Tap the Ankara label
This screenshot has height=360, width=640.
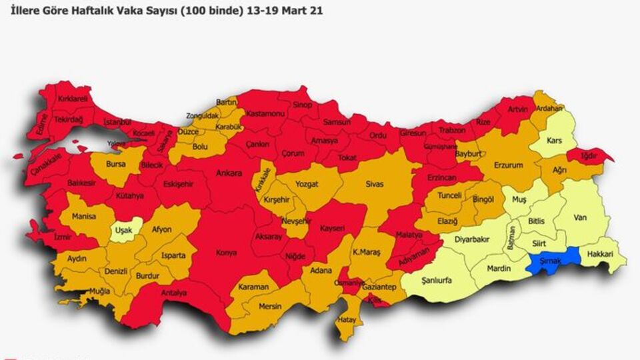coord(229,173)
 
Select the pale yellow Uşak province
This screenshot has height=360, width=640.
coord(124,230)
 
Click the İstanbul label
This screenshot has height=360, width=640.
coord(117,123)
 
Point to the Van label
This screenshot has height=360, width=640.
coord(579,217)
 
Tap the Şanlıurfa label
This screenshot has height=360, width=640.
coord(436,280)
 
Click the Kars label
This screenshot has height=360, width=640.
coord(554,141)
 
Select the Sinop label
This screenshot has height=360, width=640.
coord(303,105)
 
